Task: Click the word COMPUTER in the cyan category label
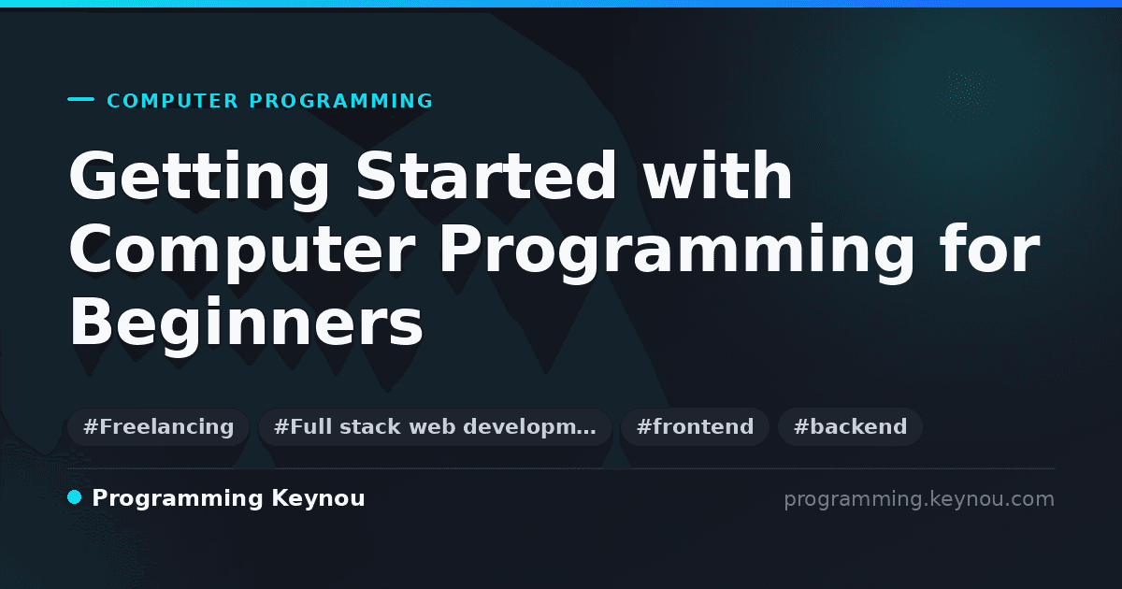(172, 101)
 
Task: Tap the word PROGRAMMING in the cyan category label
(340, 101)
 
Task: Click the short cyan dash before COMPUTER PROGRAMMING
(80, 99)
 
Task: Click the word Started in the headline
(486, 176)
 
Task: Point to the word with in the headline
(717, 176)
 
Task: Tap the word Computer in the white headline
(242, 251)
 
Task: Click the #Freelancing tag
(158, 426)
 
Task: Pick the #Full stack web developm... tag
(435, 426)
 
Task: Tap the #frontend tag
(695, 426)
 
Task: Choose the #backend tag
(850, 426)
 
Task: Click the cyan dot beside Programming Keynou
(74, 497)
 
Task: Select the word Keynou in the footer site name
(318, 499)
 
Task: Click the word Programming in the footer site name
(178, 499)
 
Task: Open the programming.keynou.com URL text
(919, 499)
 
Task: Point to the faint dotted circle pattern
(968, 95)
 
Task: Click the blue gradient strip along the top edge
(561, 4)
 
